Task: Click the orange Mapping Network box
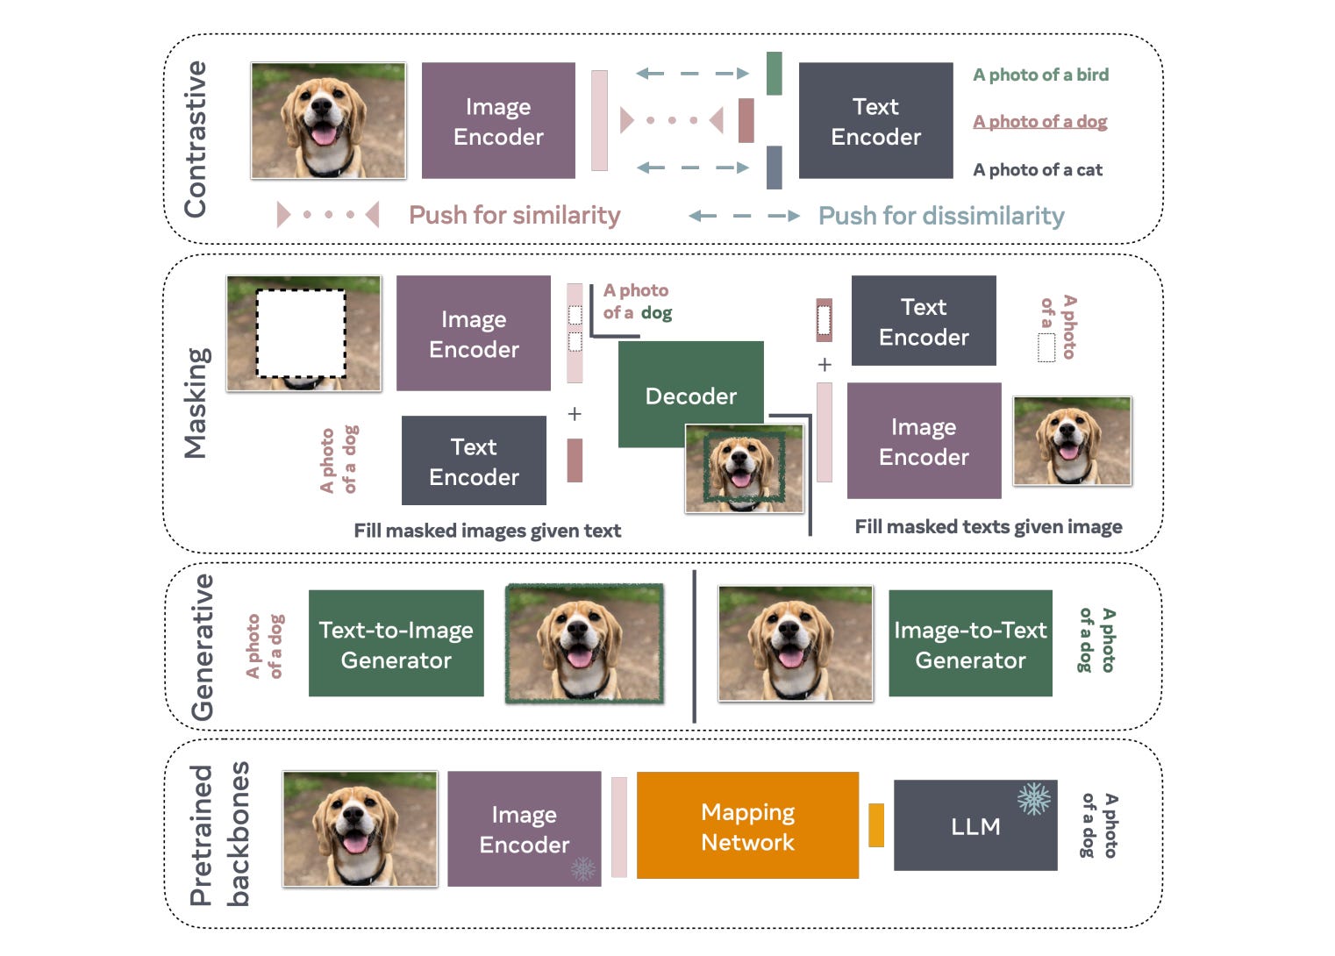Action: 747,825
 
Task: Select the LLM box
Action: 974,826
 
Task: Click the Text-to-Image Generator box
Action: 396,645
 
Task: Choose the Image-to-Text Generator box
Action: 970,645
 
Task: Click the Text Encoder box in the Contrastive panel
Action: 875,121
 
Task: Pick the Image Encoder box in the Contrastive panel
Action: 498,121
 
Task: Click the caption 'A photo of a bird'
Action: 1040,75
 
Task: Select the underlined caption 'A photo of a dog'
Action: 1039,122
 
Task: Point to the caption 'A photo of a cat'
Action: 1037,170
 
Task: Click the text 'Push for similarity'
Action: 514,216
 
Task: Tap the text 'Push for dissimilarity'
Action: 940,216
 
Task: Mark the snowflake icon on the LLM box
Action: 1033,799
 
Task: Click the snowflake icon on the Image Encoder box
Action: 582,868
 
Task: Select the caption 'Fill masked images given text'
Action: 487,531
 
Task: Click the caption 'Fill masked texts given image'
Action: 988,527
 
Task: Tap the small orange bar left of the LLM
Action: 875,825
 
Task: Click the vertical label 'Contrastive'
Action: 195,139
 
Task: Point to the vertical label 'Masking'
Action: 196,403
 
